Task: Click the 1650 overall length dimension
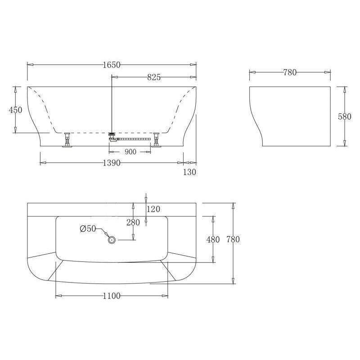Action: pos(111,65)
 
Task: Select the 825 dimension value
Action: pos(153,77)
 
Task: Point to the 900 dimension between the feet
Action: pos(130,152)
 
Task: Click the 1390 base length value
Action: pos(111,163)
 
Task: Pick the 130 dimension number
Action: pos(190,172)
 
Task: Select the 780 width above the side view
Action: pos(290,72)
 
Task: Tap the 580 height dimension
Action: pos(344,117)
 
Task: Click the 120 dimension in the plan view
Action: pos(153,209)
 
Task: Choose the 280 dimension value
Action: pos(133,222)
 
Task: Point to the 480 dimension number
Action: pos(213,239)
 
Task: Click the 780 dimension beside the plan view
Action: pos(233,239)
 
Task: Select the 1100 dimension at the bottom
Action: pos(111,296)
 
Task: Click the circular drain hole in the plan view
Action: pos(112,240)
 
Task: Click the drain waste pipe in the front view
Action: pos(130,139)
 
